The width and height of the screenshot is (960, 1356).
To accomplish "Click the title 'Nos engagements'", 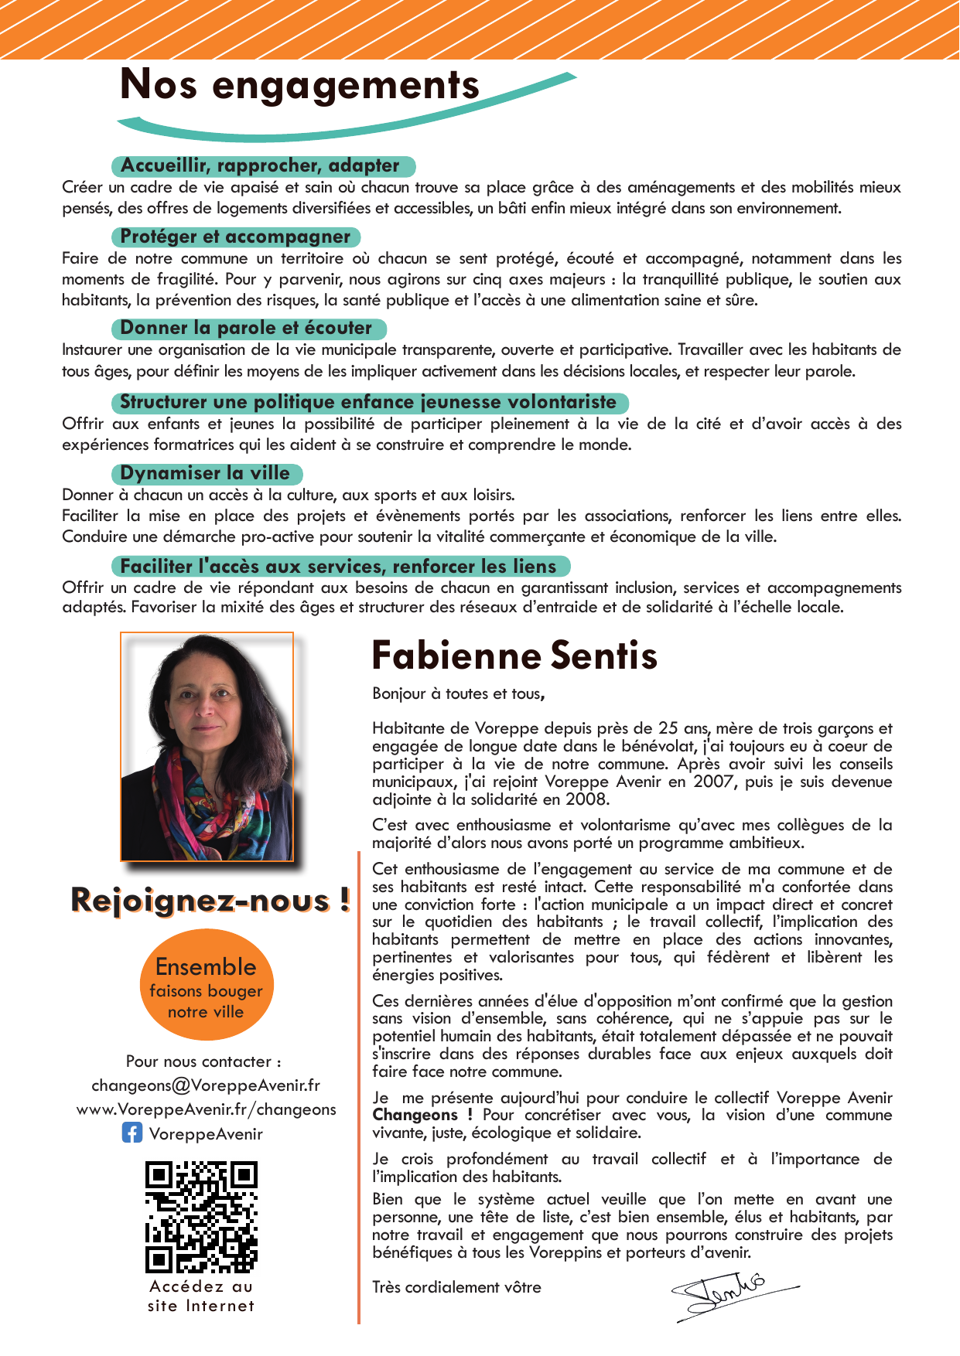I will click(x=300, y=85).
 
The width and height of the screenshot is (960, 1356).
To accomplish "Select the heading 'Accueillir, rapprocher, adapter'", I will click(x=261, y=166).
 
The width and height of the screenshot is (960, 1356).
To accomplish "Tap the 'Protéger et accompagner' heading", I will click(x=236, y=237).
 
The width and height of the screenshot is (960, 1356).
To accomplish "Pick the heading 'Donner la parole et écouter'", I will click(x=247, y=329).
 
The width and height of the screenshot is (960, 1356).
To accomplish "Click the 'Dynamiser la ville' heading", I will click(x=206, y=473).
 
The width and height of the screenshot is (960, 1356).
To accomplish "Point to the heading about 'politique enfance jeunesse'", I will click(x=368, y=402).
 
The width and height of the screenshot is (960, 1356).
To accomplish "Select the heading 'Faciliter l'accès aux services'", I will click(x=339, y=567).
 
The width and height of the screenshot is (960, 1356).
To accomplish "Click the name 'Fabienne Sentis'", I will click(x=514, y=656).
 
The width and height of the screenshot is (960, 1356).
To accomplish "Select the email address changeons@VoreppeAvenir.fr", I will click(x=206, y=1085).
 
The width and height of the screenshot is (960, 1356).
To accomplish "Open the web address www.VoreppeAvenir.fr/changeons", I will click(x=206, y=1109).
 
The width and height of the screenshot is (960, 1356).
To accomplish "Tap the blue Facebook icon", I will click(x=132, y=1133).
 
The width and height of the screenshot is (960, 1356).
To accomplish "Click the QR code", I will click(x=201, y=1216).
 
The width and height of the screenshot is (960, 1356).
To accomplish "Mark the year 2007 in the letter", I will click(x=712, y=782).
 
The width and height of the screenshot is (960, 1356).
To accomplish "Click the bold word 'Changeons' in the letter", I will click(x=415, y=1115).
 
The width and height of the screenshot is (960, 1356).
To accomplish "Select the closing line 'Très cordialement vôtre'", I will click(x=456, y=1287).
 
